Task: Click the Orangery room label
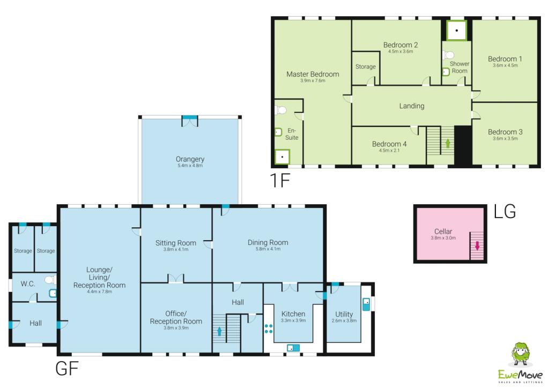[x=190, y=159]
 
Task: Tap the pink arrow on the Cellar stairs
[x=477, y=246]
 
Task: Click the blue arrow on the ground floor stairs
[x=219, y=332]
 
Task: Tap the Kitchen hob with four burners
[x=269, y=329]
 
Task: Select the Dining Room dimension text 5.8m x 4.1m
[x=268, y=249]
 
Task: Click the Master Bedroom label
[x=313, y=74]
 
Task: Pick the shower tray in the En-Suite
[x=282, y=157]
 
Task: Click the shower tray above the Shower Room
[x=456, y=31]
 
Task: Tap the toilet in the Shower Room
[x=449, y=55]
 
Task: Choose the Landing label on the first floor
[x=412, y=106]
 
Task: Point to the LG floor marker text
[x=505, y=212]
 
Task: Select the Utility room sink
[x=366, y=304]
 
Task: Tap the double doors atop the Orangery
[x=190, y=121]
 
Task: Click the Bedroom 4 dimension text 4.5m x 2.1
[x=390, y=151]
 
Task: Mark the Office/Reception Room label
[x=176, y=317]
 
